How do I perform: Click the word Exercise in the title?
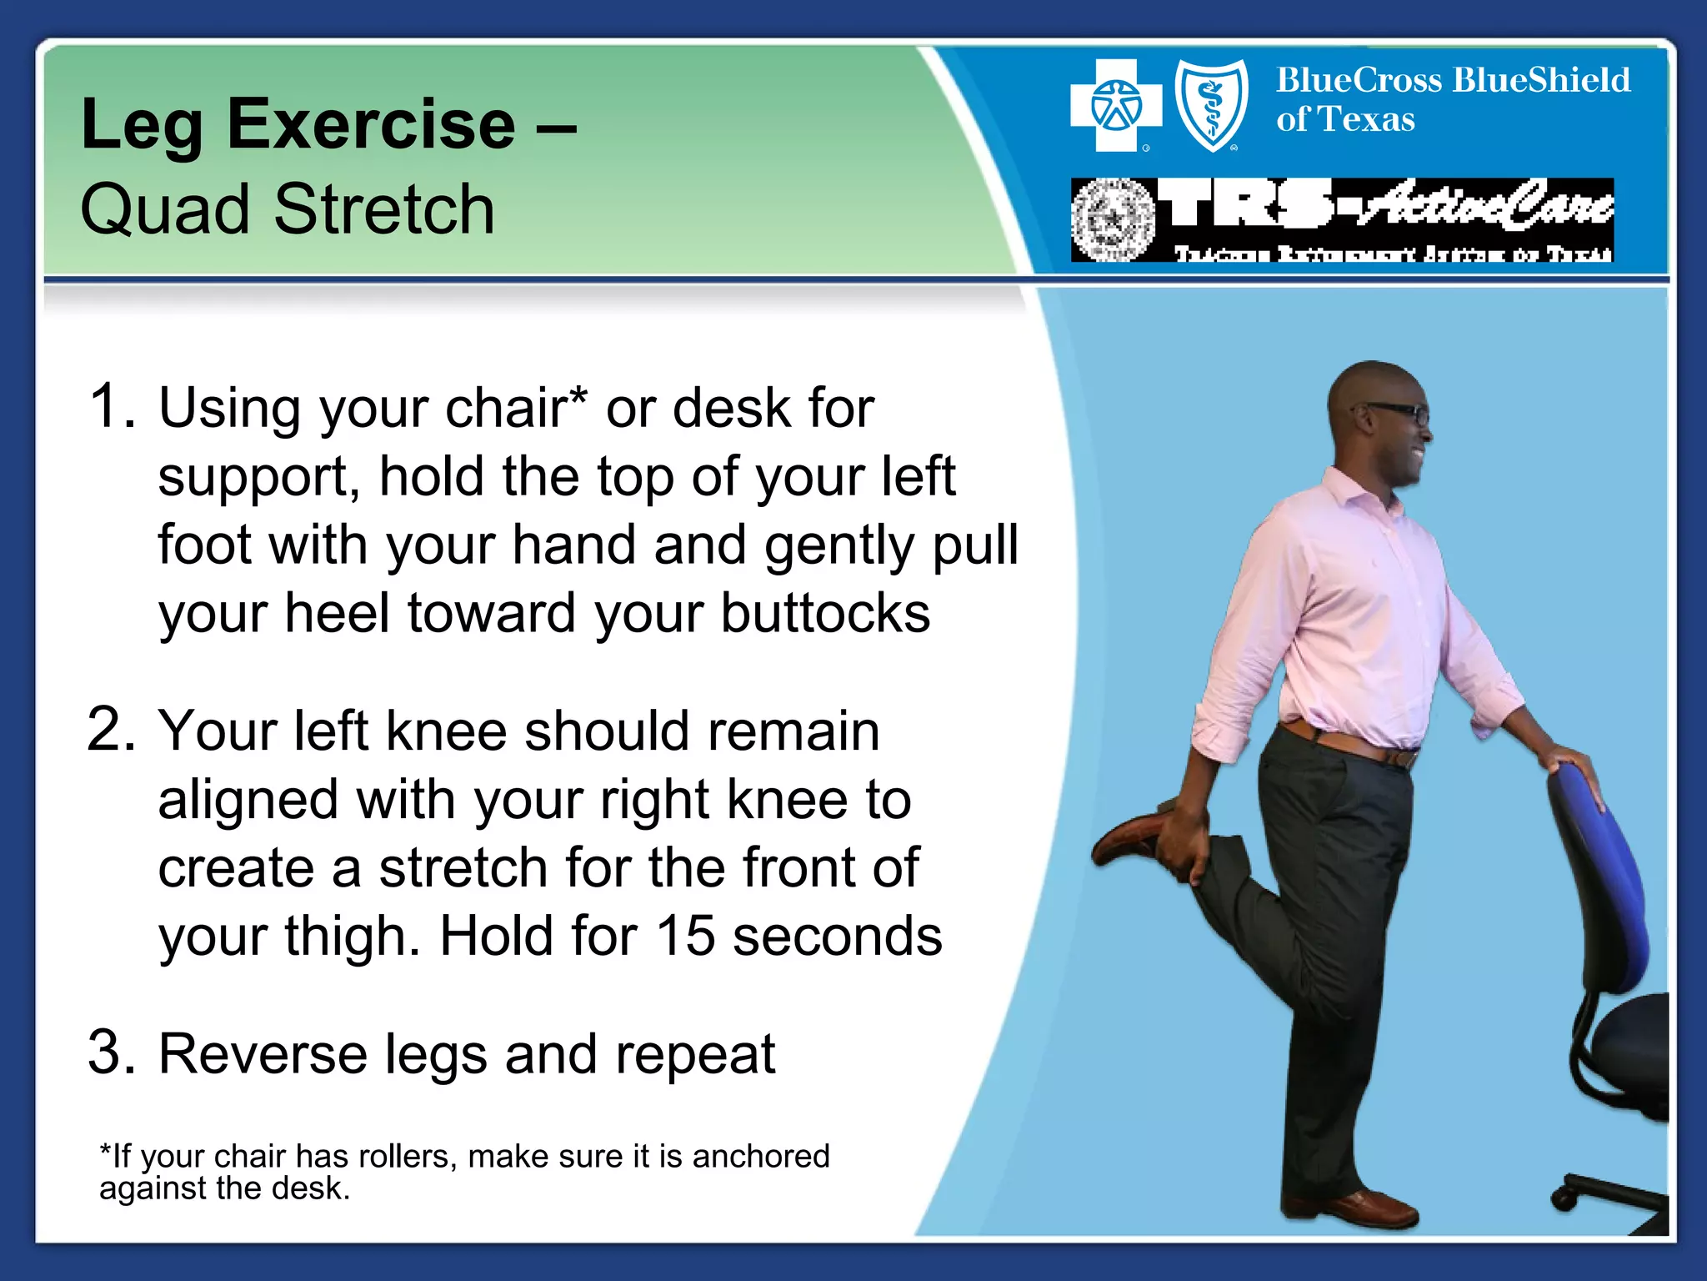pyautogui.click(x=371, y=125)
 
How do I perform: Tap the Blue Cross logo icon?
pyautogui.click(x=1116, y=106)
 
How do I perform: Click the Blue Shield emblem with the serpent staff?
pyautogui.click(x=1212, y=106)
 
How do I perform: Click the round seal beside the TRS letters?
pyautogui.click(x=1113, y=220)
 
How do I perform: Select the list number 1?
pyautogui.click(x=112, y=407)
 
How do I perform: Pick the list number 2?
pyautogui.click(x=112, y=730)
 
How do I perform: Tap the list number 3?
pyautogui.click(x=112, y=1052)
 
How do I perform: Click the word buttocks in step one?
pyautogui.click(x=824, y=614)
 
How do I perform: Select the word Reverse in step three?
pyautogui.click(x=262, y=1054)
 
